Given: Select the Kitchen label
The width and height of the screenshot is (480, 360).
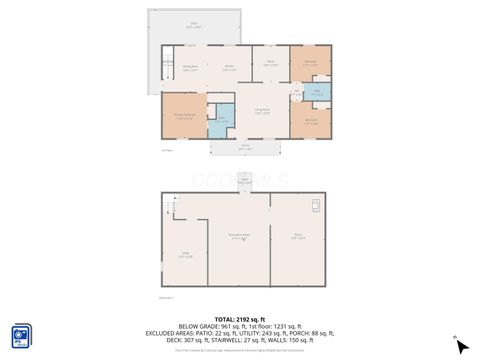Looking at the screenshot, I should click(229, 68).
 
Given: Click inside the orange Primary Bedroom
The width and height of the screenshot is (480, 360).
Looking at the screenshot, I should click(184, 116).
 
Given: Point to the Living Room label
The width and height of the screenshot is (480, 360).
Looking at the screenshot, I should click(262, 111).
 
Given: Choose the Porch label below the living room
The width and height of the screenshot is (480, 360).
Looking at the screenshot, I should click(245, 148).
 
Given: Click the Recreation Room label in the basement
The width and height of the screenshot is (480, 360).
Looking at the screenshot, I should click(240, 238).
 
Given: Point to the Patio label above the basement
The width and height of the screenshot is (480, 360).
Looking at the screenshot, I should click(244, 181).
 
